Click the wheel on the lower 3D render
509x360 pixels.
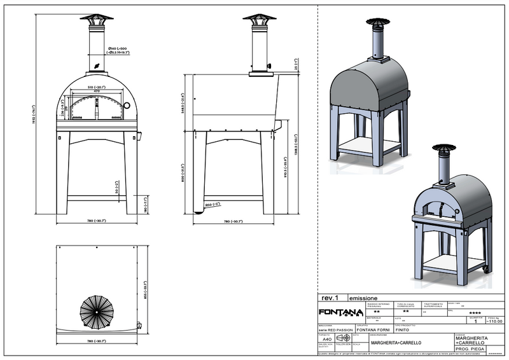click(487, 270)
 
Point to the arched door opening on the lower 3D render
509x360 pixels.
click(435, 207)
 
